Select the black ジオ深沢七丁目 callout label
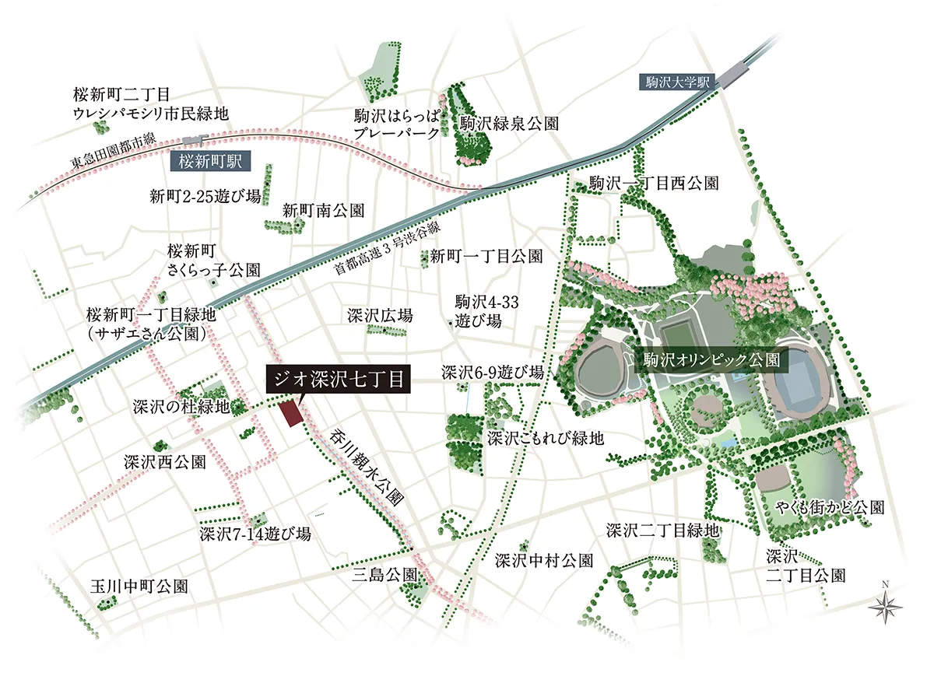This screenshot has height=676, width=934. (x=337, y=380)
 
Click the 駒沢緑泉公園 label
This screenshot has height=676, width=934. (x=509, y=123)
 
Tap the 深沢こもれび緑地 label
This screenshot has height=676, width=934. (x=546, y=439)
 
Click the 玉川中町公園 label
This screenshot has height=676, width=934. (x=139, y=586)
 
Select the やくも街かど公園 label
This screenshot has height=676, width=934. (x=830, y=508)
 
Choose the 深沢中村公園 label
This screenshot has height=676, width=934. (x=545, y=560)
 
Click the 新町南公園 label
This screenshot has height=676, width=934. (x=323, y=210)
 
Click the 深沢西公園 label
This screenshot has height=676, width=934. (x=165, y=461)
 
